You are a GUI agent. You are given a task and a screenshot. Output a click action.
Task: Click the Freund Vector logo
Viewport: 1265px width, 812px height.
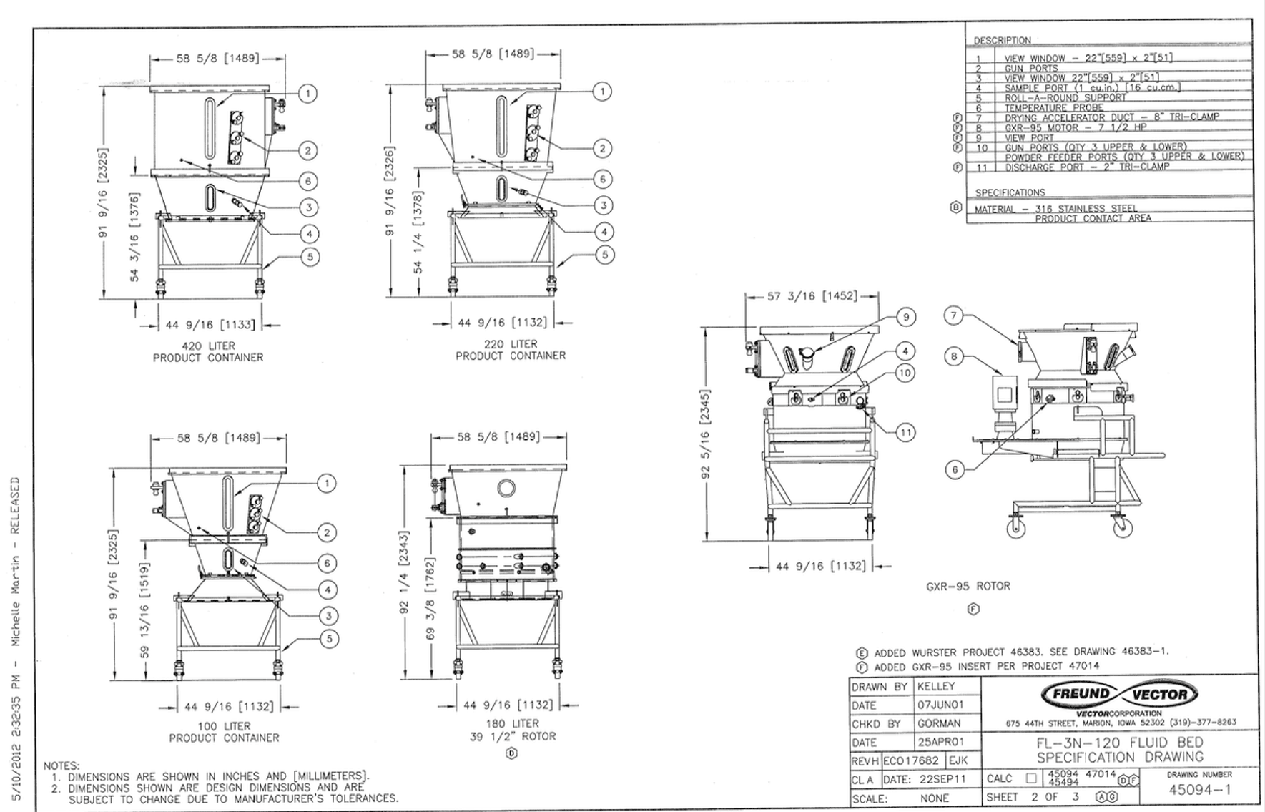tap(1120, 693)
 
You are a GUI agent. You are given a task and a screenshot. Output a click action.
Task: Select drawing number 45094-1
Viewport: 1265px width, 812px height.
tap(1199, 790)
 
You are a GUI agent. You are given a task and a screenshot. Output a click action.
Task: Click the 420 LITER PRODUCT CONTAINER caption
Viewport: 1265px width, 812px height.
tap(208, 351)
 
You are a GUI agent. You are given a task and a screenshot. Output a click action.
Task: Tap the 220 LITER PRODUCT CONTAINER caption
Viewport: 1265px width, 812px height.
tap(511, 349)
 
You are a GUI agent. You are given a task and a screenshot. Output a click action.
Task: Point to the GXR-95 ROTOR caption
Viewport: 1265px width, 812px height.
tap(968, 586)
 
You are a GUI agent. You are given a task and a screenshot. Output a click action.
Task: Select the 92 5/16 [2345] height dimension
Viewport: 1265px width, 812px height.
tap(705, 434)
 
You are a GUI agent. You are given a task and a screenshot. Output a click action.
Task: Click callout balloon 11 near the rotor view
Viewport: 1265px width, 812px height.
tap(905, 432)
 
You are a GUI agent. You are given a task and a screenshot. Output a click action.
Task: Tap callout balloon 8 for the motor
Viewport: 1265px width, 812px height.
tap(954, 356)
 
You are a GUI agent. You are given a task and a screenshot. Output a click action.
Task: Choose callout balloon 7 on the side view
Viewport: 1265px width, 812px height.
tap(954, 315)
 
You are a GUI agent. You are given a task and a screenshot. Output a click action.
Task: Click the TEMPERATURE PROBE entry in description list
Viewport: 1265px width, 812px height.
tap(1054, 108)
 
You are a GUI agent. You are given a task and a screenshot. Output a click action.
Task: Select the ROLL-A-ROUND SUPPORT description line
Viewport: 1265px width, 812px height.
tap(1065, 98)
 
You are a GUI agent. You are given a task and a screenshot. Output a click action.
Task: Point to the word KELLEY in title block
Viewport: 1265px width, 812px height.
tap(936, 686)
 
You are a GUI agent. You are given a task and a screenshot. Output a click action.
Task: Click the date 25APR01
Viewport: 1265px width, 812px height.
tap(940, 742)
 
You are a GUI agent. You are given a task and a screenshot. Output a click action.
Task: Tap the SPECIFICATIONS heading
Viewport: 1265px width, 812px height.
tap(1010, 192)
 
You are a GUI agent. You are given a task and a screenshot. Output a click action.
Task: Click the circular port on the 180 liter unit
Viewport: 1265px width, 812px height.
tap(506, 489)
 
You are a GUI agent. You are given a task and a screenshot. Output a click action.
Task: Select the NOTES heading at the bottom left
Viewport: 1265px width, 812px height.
tap(61, 765)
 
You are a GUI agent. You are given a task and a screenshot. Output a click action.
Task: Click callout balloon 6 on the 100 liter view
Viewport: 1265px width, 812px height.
tap(327, 563)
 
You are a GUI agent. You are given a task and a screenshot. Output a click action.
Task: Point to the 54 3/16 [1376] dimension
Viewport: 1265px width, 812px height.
tap(134, 237)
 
